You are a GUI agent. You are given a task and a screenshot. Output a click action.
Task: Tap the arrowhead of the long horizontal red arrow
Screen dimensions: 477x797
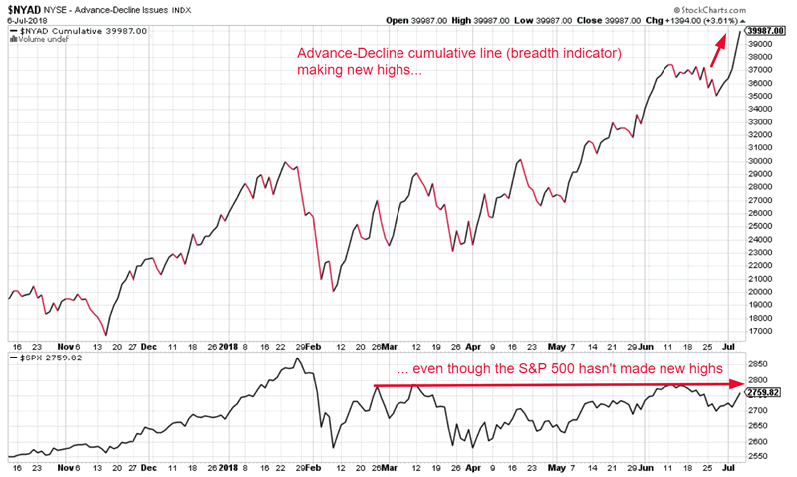[740, 382]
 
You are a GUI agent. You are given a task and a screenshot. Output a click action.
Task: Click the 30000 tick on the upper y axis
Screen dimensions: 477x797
[764, 161]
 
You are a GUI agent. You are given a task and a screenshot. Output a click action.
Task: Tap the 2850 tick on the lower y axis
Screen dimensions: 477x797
[762, 365]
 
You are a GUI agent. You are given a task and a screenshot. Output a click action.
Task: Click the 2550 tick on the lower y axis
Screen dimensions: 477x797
[762, 457]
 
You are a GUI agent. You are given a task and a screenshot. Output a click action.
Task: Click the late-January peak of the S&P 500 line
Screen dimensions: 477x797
[298, 358]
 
